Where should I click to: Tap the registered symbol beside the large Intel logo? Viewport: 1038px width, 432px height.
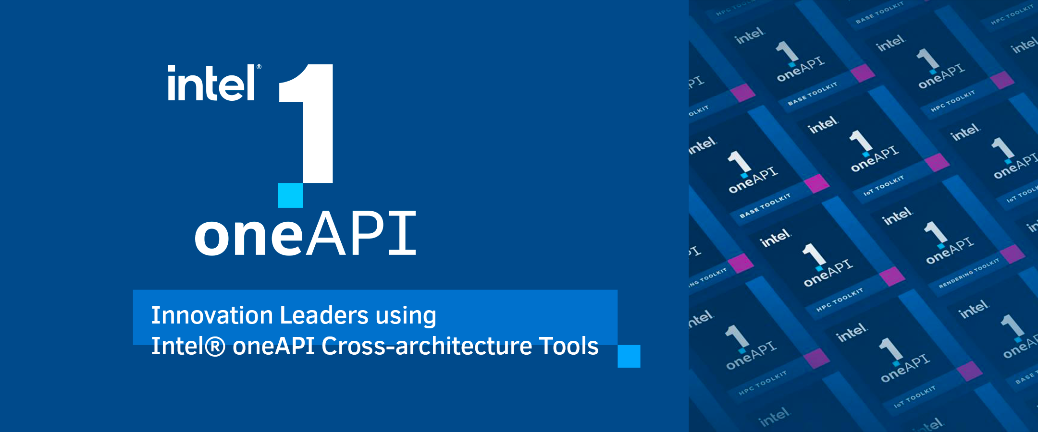click(x=259, y=67)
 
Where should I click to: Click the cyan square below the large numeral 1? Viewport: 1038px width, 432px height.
click(x=290, y=195)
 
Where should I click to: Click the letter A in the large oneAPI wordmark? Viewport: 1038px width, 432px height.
click(x=325, y=234)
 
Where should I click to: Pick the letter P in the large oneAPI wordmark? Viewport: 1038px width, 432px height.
click(x=366, y=234)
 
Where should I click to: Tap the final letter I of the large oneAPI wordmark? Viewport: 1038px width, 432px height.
click(x=402, y=234)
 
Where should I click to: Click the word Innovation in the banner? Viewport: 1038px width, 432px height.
click(x=212, y=315)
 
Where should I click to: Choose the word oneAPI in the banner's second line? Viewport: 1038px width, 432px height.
click(x=273, y=346)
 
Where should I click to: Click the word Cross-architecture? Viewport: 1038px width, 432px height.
click(x=426, y=346)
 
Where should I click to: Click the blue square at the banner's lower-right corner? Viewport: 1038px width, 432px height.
click(x=629, y=356)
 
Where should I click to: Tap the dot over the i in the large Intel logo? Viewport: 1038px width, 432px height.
click(x=171, y=69)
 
